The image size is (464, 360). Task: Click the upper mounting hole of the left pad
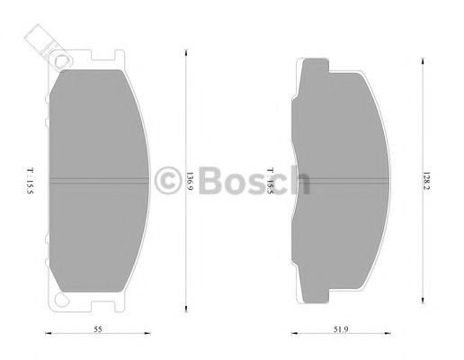click(61, 62)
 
